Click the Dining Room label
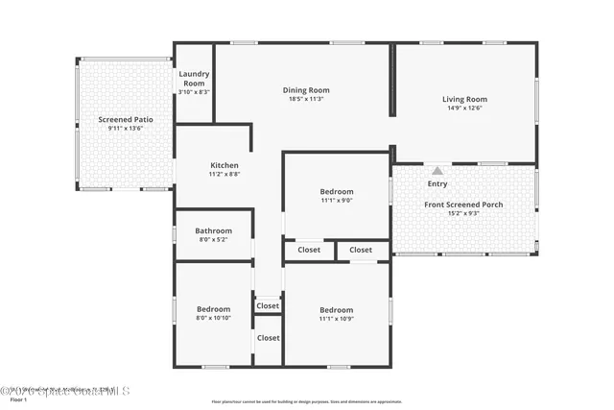point(306,90)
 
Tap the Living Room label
point(464,99)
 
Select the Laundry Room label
point(194,78)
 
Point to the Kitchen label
point(224,165)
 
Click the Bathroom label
point(213,230)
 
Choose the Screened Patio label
point(125,119)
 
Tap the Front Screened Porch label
point(463,205)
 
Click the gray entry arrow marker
point(437,171)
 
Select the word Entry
point(437,183)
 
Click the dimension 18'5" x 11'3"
point(306,99)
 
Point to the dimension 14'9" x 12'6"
point(464,108)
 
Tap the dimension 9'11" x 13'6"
point(125,128)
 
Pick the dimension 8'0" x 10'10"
point(213,318)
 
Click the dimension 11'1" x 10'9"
point(336,319)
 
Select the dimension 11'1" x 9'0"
point(336,201)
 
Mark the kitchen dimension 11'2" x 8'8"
point(224,174)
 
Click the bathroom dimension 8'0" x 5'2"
point(213,239)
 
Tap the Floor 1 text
point(19,399)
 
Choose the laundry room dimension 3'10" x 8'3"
point(194,91)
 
